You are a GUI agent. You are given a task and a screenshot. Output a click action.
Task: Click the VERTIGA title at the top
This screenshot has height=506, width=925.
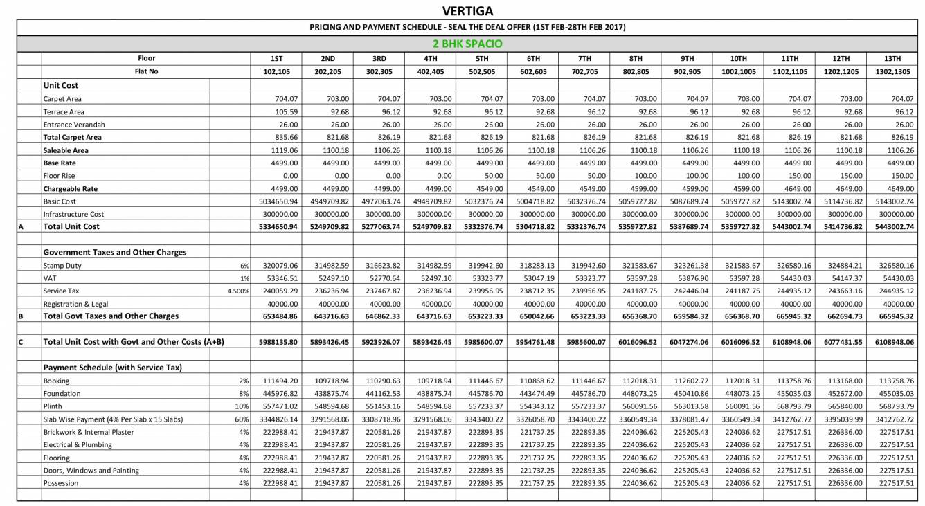[467, 12]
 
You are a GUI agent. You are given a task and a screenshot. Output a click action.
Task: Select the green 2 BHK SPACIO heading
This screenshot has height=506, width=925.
[467, 44]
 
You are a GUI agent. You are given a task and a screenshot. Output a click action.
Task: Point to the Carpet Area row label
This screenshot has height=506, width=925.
[63, 99]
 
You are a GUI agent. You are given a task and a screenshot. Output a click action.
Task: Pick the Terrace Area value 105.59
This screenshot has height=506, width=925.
[287, 111]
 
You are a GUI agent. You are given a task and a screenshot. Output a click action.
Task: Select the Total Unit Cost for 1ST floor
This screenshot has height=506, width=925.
[276, 226]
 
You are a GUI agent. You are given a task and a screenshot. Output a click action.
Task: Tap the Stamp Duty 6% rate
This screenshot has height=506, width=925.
[244, 266]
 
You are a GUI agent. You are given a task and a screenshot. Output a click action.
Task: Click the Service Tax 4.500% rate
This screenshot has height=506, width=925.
[238, 291]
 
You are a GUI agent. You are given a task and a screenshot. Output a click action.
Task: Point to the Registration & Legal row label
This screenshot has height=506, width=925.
[75, 304]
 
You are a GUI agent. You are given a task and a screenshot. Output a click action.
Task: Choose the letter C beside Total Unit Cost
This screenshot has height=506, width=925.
[21, 342]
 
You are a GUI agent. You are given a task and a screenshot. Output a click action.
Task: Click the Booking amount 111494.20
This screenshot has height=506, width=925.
[278, 381]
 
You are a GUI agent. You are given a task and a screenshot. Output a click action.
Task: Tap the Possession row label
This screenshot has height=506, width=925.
[61, 483]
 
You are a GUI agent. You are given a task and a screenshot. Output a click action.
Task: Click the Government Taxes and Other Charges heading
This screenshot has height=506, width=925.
[114, 253]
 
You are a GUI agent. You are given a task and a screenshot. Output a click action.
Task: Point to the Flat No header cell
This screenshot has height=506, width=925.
[146, 71]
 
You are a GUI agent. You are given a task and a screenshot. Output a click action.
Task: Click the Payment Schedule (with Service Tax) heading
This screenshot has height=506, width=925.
[112, 368]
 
